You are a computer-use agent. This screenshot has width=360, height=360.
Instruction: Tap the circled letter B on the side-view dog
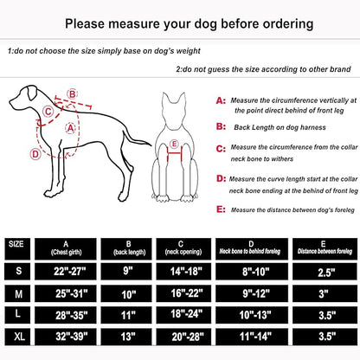coord(72,93)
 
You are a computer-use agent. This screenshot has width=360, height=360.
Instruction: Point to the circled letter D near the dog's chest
coord(35,155)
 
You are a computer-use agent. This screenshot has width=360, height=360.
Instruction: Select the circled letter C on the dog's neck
coord(49,110)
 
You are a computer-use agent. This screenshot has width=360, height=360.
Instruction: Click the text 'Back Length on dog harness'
coord(279,125)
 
